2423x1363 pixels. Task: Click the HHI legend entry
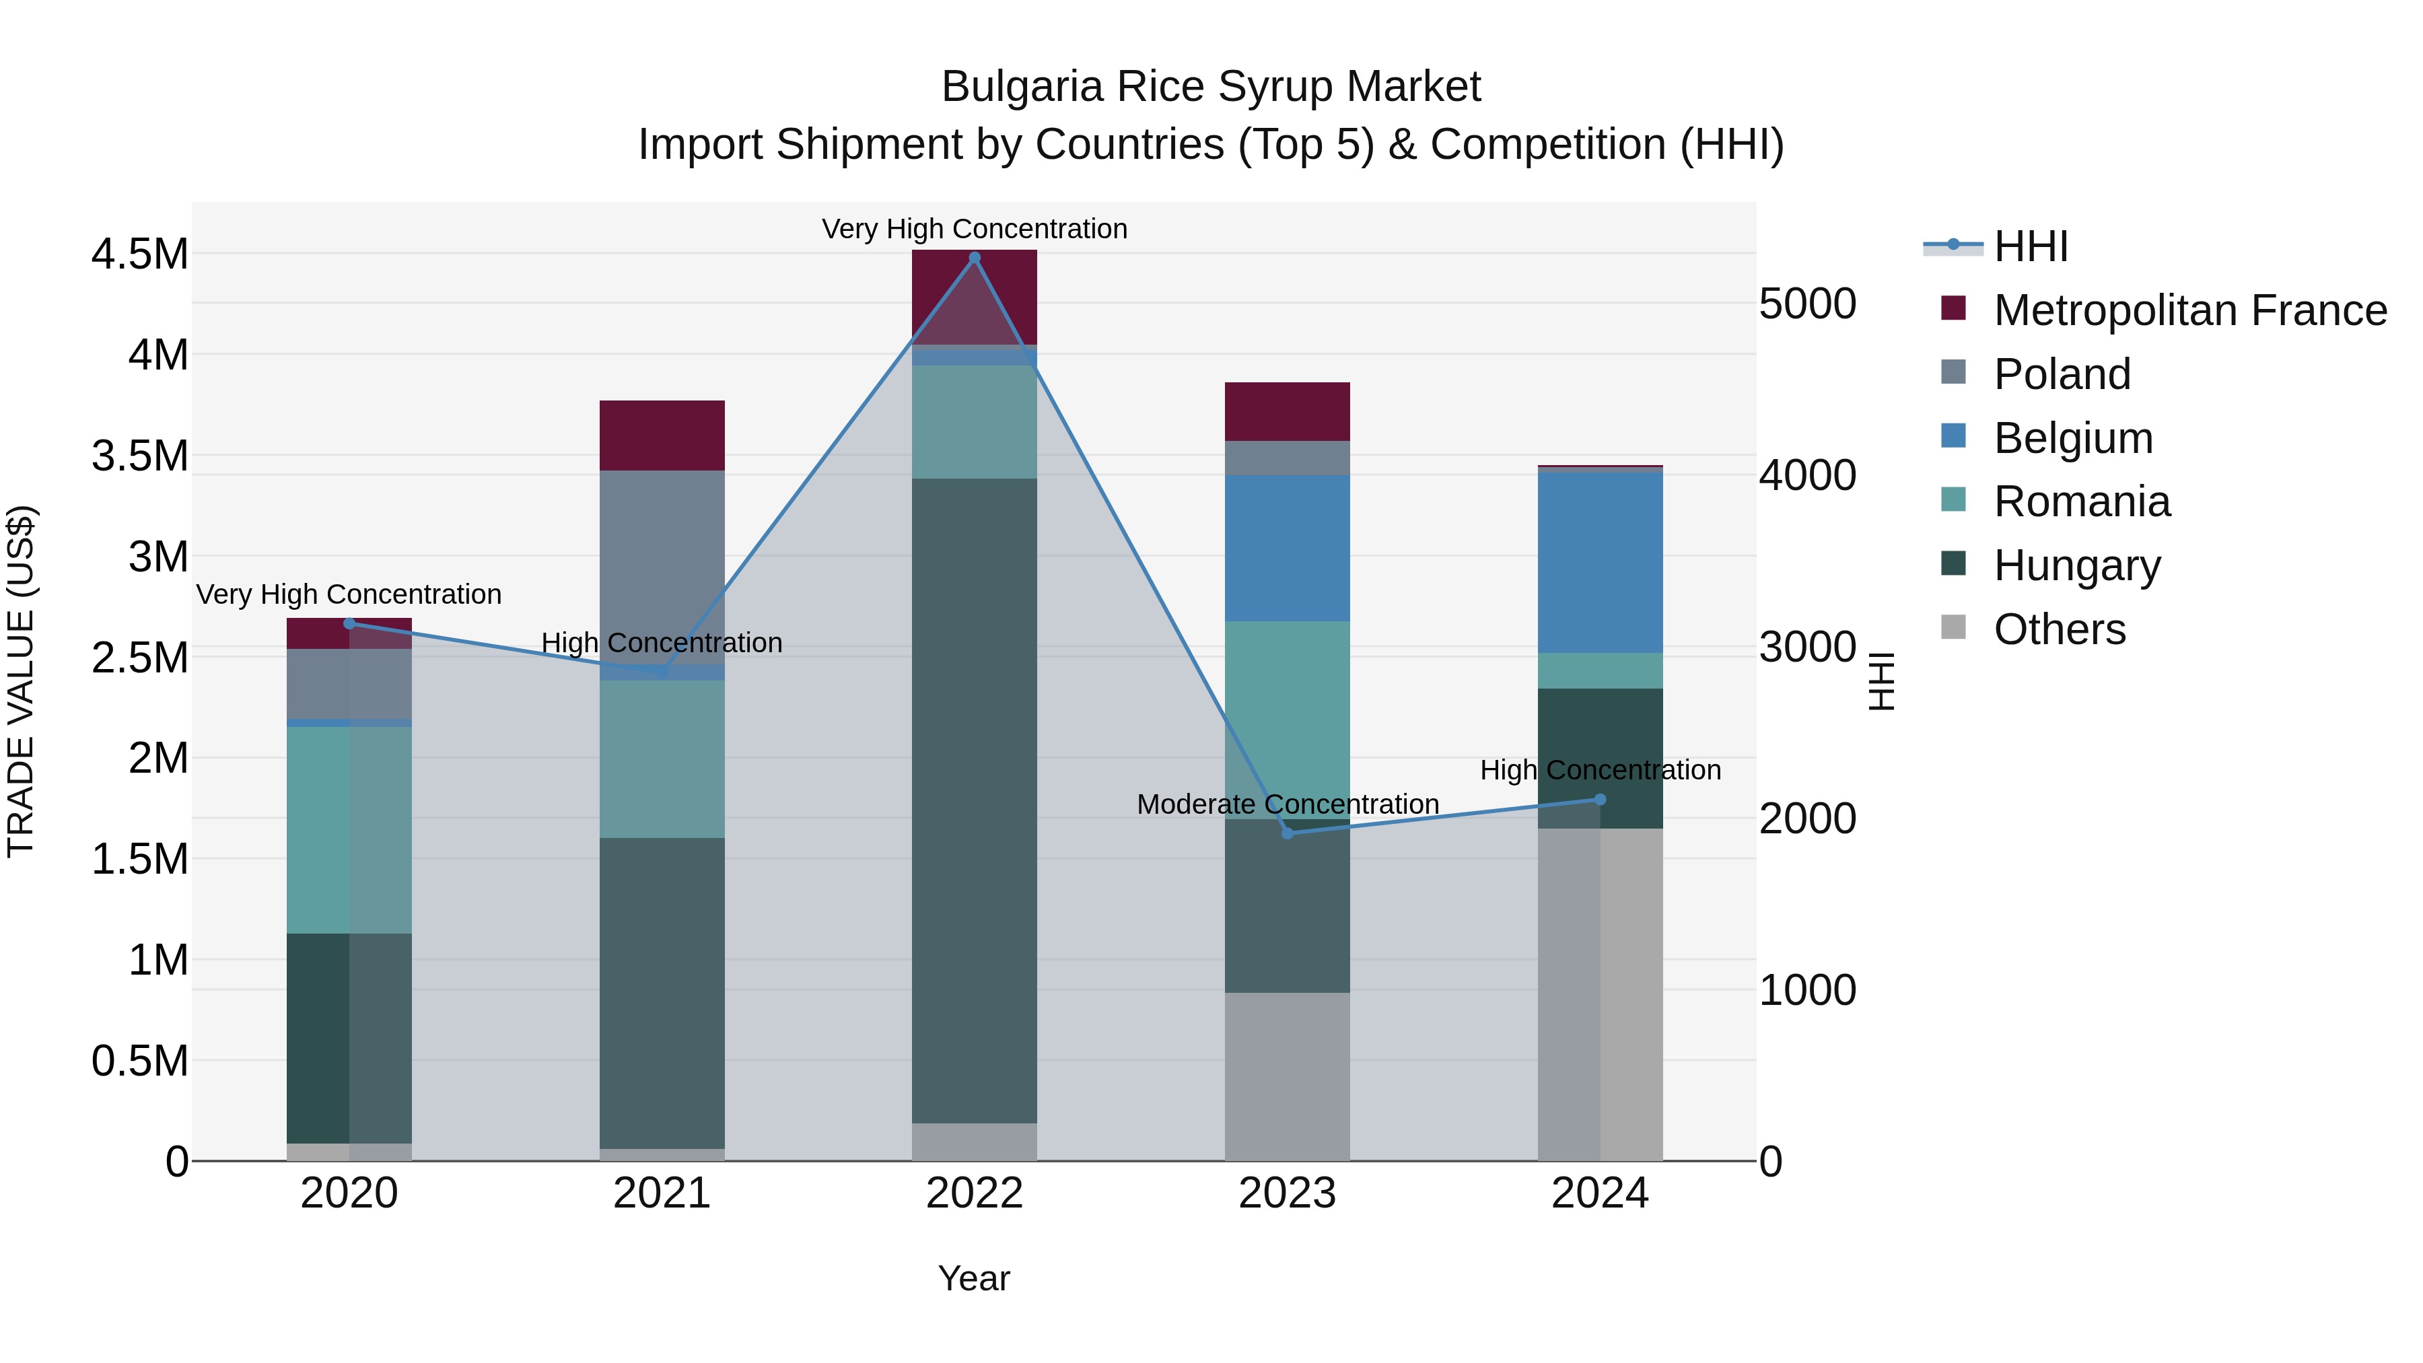click(x=2030, y=246)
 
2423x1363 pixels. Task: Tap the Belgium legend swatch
click(x=1954, y=436)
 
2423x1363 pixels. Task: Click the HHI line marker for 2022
click(x=975, y=258)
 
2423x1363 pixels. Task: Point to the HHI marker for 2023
click(x=1288, y=833)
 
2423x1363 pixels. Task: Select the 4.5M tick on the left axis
click(x=139, y=254)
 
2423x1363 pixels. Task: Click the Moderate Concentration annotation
click(x=1288, y=804)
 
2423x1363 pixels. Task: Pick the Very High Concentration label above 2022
click(x=975, y=229)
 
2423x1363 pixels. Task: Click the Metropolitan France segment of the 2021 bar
click(x=662, y=435)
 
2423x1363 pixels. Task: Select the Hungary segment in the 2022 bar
click(x=975, y=800)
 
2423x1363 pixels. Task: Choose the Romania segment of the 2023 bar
click(x=1288, y=719)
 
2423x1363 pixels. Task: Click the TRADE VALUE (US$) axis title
click(x=21, y=681)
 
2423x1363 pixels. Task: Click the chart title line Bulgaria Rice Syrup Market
click(x=1211, y=87)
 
